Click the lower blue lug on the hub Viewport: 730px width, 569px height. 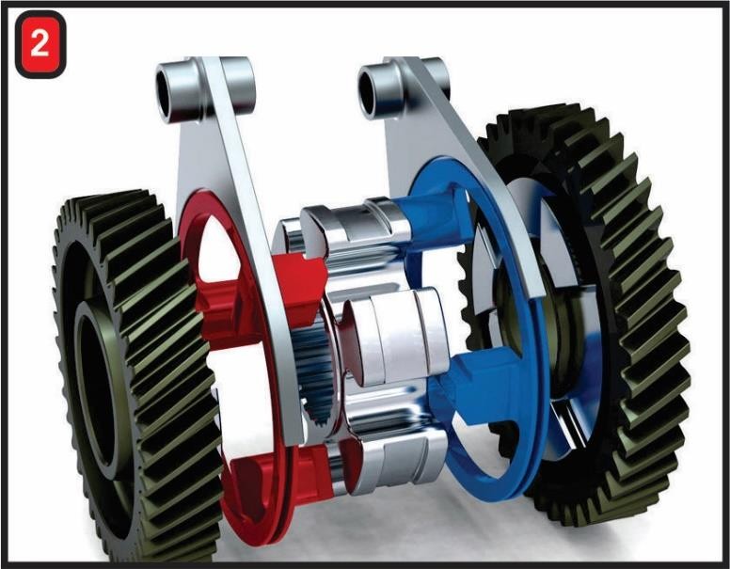[x=470, y=386]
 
